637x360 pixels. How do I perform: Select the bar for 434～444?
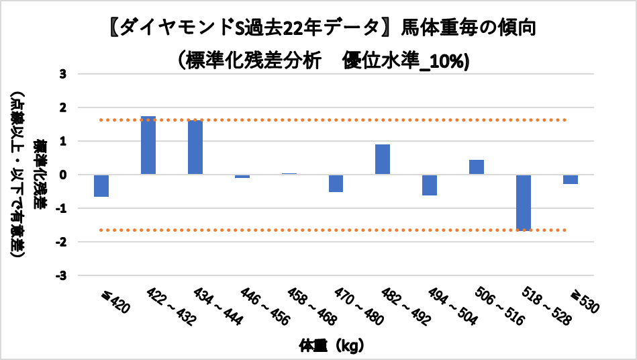pos(195,148)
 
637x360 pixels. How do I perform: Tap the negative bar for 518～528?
pos(524,202)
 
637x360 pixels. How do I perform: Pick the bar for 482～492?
pos(383,159)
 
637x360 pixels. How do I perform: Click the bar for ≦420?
pos(101,186)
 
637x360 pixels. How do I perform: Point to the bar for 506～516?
pos(477,167)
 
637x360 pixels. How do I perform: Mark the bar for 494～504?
pos(430,185)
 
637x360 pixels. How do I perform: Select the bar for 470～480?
pos(336,183)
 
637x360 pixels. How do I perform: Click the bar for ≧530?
pos(571,179)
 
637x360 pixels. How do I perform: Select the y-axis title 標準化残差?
pos(42,175)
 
